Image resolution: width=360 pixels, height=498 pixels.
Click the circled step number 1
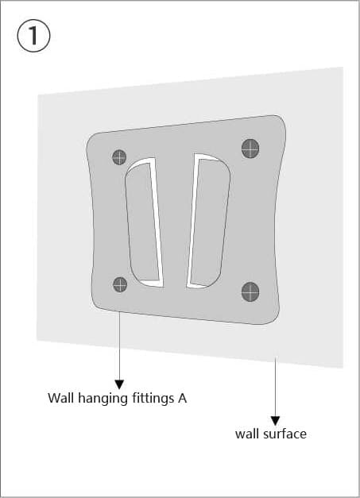[33, 35]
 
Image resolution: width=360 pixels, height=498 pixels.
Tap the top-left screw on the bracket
[119, 157]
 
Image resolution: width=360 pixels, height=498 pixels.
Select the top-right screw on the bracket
[250, 149]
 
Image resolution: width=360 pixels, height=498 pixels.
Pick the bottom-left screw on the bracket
[120, 284]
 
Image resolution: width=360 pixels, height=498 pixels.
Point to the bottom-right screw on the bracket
[250, 291]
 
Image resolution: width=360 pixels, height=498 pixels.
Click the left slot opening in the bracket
[143, 222]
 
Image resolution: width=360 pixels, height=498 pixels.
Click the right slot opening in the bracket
[208, 221]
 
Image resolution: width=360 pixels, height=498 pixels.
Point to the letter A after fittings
[182, 398]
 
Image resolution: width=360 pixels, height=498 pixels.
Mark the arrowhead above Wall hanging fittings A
[119, 384]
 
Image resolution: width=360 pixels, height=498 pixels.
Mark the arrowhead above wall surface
[275, 421]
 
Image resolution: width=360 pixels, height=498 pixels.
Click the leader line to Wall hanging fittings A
[119, 346]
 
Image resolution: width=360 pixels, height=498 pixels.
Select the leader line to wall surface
[275, 387]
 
